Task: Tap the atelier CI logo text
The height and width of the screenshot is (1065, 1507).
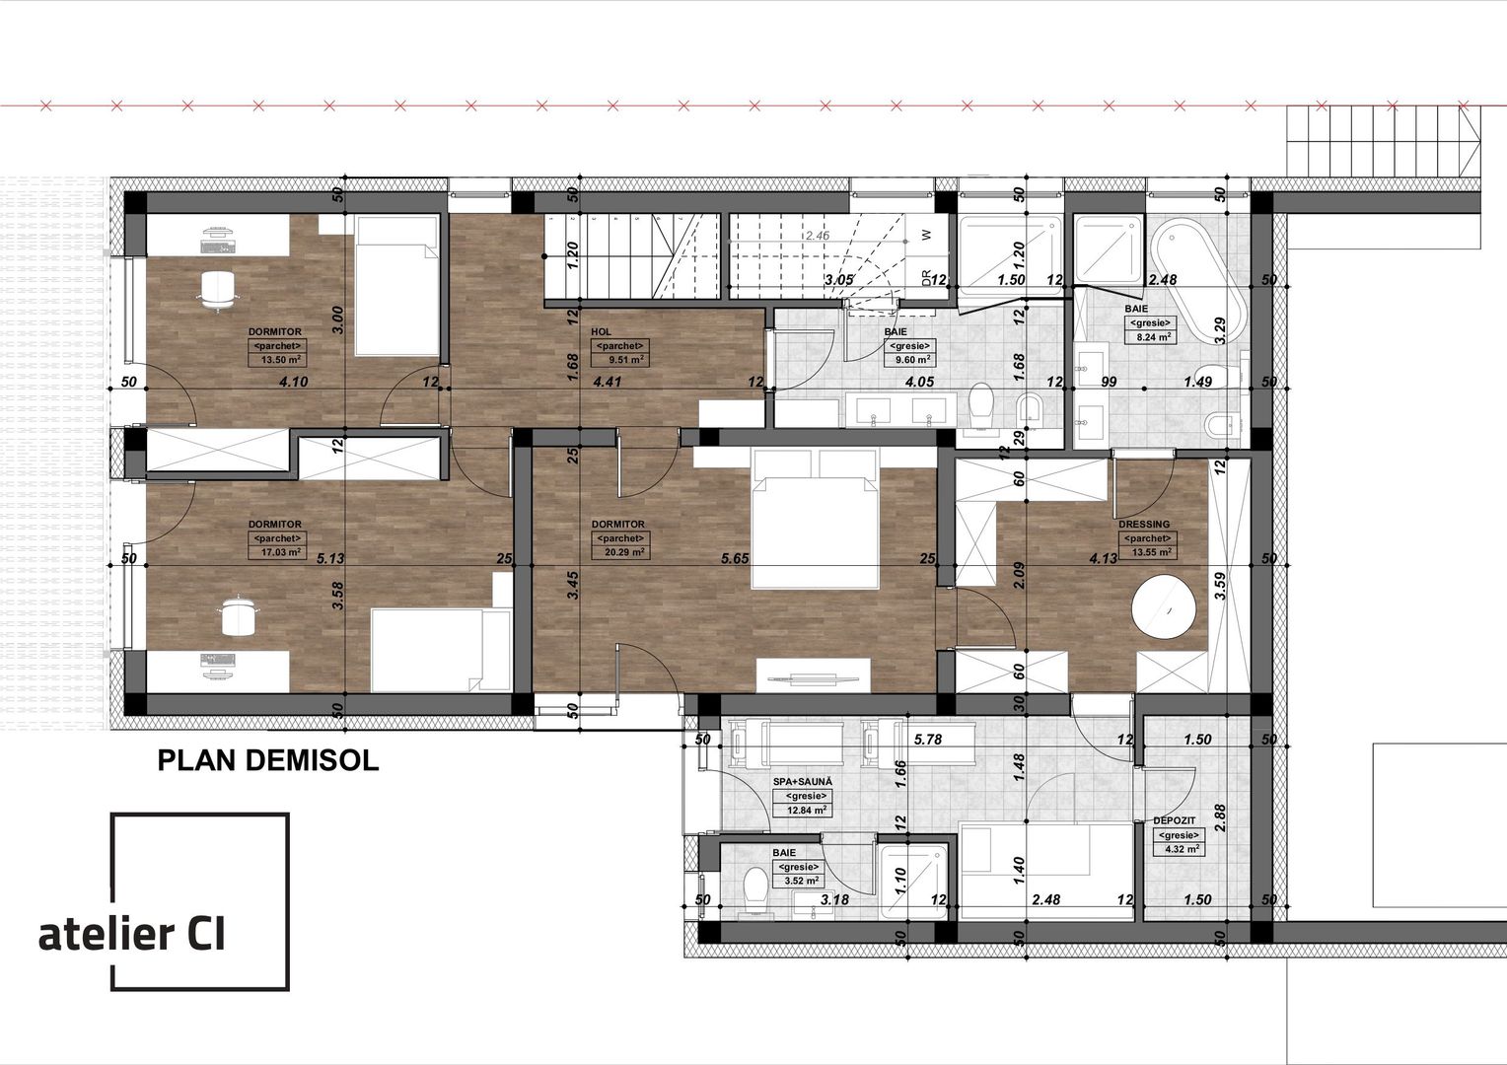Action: [x=132, y=934]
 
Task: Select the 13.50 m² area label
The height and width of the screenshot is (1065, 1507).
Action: [x=276, y=360]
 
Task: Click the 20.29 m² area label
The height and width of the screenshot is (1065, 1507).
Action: [x=620, y=552]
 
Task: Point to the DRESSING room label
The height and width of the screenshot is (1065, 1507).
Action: [x=1144, y=525]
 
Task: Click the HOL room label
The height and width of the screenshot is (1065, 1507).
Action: [x=601, y=332]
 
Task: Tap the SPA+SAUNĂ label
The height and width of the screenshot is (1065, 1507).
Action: [x=802, y=780]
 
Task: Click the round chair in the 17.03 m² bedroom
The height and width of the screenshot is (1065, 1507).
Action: [x=238, y=616]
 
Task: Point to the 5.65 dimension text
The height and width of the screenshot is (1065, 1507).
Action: [x=735, y=558]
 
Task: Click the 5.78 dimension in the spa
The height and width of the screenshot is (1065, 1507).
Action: [x=930, y=739]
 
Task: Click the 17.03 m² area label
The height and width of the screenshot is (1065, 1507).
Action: [x=276, y=552]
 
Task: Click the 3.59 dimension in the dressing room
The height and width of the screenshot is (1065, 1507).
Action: [x=1220, y=587]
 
